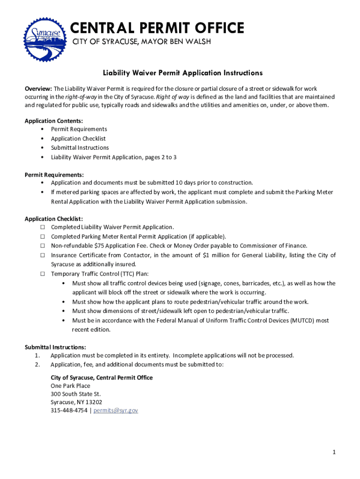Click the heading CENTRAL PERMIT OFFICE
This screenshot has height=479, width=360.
(158, 28)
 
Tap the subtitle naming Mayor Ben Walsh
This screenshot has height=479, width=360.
(141, 42)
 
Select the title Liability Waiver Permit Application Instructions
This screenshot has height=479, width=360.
(183, 73)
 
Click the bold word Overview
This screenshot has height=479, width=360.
(38, 88)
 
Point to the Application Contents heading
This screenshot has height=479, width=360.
(54, 121)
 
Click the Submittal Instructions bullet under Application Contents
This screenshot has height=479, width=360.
(79, 148)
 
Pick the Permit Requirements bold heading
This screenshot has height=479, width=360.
(54, 174)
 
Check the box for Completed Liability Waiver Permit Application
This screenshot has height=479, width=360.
(43, 227)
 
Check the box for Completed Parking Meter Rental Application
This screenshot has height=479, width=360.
(43, 237)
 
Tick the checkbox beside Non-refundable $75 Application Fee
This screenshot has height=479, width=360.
(43, 246)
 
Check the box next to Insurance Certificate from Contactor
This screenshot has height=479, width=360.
(43, 255)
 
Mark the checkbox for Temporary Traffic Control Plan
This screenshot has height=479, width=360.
(43, 274)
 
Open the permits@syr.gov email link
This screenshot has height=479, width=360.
(116, 411)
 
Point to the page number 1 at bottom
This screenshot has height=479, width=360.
(334, 452)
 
